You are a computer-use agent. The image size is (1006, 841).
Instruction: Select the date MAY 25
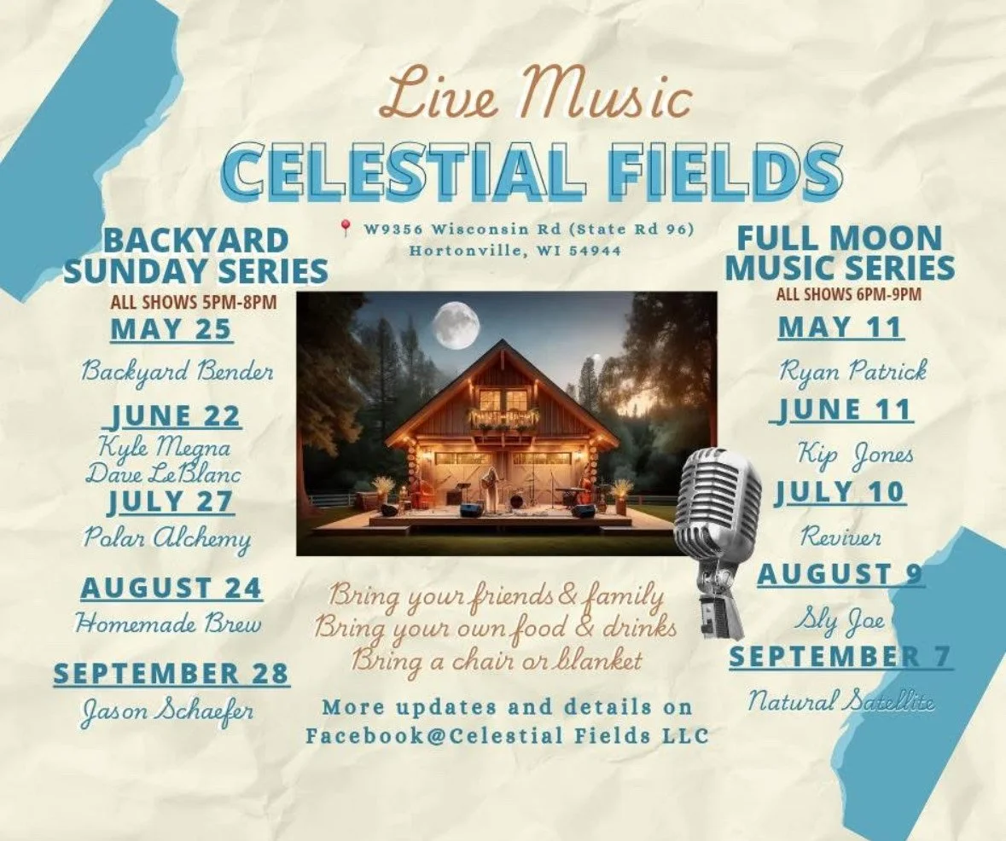coord(172,329)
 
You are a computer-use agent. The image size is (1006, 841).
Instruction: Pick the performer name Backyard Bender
coord(177,372)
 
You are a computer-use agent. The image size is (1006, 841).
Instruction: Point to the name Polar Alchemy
coord(167,537)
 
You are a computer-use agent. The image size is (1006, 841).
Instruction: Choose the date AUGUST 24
coord(172,588)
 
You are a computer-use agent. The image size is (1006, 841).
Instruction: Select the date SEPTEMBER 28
coord(171,673)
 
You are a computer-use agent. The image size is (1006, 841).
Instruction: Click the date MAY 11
coord(840,327)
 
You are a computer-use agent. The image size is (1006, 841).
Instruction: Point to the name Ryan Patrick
coord(852,370)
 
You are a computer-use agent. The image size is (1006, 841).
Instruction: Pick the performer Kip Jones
coord(856,453)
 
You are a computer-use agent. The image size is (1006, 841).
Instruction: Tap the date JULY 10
coord(840,492)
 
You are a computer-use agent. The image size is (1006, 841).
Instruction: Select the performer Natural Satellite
coord(841,702)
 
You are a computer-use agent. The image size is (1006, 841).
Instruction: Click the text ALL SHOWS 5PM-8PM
coord(194,301)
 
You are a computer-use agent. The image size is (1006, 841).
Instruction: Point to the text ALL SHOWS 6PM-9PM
coord(849,295)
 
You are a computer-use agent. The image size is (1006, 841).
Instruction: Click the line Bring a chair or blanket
coord(497,660)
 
